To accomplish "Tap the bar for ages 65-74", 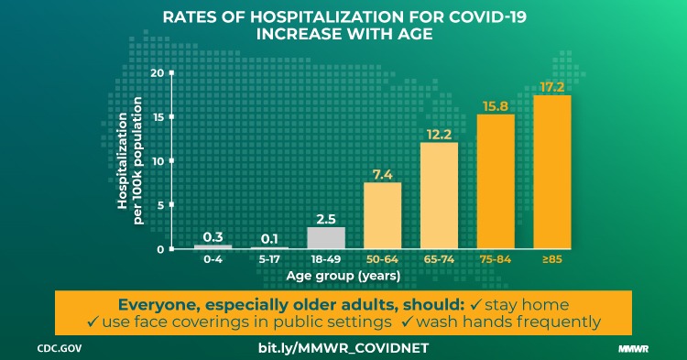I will point(439,196).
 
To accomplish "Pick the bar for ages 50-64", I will point(382,216).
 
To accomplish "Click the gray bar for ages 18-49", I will point(325,238).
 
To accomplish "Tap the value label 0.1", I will point(269,238).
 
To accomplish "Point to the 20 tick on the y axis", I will point(159,73).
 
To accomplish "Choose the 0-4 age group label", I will point(213,260).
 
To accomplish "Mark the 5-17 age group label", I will point(269,260).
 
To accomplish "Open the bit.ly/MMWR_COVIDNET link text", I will point(343,348).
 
